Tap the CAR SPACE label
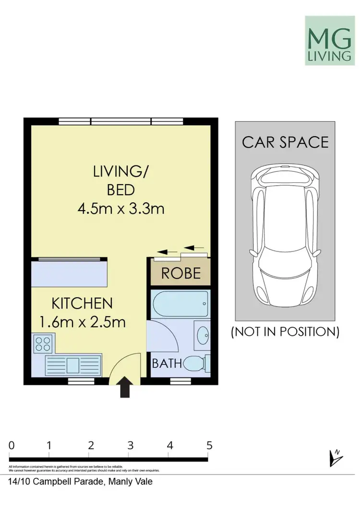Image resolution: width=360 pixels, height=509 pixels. (285, 142)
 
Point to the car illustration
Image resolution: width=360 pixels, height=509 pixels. (285, 235)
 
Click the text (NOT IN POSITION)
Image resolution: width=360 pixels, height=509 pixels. (285, 331)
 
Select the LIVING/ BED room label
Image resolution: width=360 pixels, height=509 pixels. (120, 180)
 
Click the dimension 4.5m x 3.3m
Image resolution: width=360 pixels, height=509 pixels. (120, 209)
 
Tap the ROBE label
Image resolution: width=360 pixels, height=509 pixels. (180, 273)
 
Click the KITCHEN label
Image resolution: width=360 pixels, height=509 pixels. (82, 303)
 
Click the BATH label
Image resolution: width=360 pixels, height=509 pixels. (167, 363)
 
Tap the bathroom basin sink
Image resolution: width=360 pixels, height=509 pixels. (203, 333)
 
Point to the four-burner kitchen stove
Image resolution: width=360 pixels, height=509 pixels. (44, 343)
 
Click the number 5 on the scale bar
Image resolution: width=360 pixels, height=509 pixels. (209, 445)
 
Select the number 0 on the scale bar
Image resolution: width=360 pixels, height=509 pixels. (12, 445)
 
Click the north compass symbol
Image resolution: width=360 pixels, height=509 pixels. (335, 458)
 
